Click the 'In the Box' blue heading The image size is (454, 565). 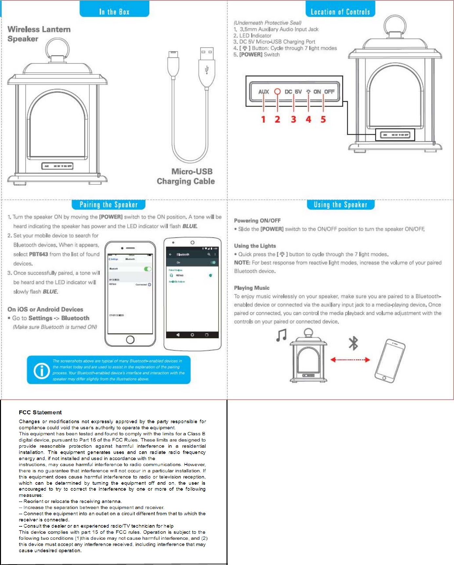pyautogui.click(x=114, y=12)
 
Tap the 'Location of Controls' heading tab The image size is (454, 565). pyautogui.click(x=340, y=12)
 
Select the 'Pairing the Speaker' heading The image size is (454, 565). pyautogui.click(x=108, y=205)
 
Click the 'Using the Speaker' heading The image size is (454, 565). pyautogui.click(x=340, y=205)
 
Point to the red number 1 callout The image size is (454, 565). pyautogui.click(x=263, y=119)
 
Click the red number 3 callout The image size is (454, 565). pyautogui.click(x=294, y=119)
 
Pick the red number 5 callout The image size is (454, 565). pyautogui.click(x=323, y=119)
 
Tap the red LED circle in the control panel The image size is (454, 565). pyautogui.click(x=277, y=91)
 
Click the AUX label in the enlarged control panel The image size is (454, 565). pyautogui.click(x=263, y=92)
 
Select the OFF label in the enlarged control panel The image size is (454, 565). pyautogui.click(x=329, y=92)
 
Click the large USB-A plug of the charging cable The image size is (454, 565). pyautogui.click(x=207, y=67)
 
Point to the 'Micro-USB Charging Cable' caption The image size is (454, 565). pyautogui.click(x=186, y=176)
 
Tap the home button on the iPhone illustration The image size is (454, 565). pyautogui.click(x=130, y=340)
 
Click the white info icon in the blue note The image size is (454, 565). pyautogui.click(x=42, y=370)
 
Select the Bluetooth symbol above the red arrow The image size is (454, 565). pyautogui.click(x=353, y=343)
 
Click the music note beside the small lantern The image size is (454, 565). pyautogui.click(x=281, y=335)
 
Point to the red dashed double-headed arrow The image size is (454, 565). pyautogui.click(x=350, y=360)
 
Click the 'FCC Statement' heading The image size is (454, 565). pyautogui.click(x=40, y=412)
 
